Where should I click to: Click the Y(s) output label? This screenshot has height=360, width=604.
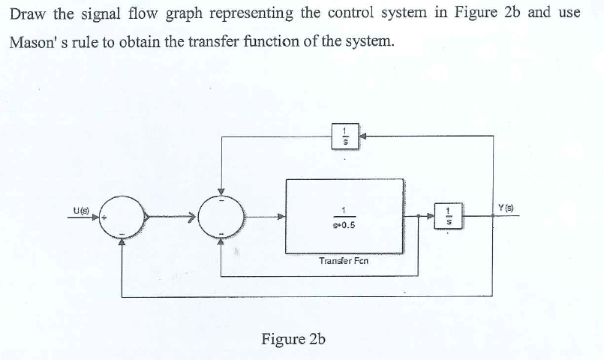[503, 206]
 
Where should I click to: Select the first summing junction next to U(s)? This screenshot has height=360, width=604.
[122, 217]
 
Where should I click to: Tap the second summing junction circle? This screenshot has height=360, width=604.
[221, 217]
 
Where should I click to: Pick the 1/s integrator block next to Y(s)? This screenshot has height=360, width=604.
[448, 217]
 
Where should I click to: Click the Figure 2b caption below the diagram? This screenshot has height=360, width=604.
[293, 338]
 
